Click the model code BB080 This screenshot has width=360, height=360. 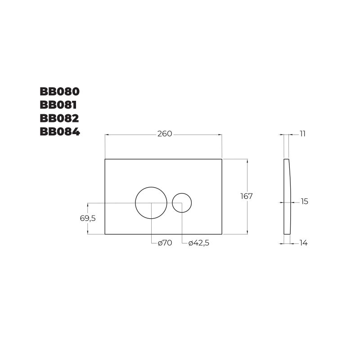pos(59,91)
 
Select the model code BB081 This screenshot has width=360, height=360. pos(58,105)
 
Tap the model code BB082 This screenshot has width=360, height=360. pos(59,118)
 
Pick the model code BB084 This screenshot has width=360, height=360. pos(59,132)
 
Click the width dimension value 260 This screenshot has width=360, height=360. pos(165,134)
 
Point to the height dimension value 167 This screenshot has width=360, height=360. pos(247,196)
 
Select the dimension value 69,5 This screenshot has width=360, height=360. pos(88,218)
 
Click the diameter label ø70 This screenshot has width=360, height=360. pos(165,243)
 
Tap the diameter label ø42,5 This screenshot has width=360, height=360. pos(199,243)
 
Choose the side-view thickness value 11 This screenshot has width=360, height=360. pos(302,134)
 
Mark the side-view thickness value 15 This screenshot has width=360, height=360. pos(305,202)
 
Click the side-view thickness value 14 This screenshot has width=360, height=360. pos(303,243)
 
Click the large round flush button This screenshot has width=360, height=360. pos(151,202)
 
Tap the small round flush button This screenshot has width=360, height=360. pos(182,202)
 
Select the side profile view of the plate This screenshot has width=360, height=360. pos(287,196)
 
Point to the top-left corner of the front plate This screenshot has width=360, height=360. pos(105,159)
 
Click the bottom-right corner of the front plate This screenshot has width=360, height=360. pos(222,234)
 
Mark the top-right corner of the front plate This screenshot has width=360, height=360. pos(222,159)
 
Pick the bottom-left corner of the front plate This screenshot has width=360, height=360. pos(105,234)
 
